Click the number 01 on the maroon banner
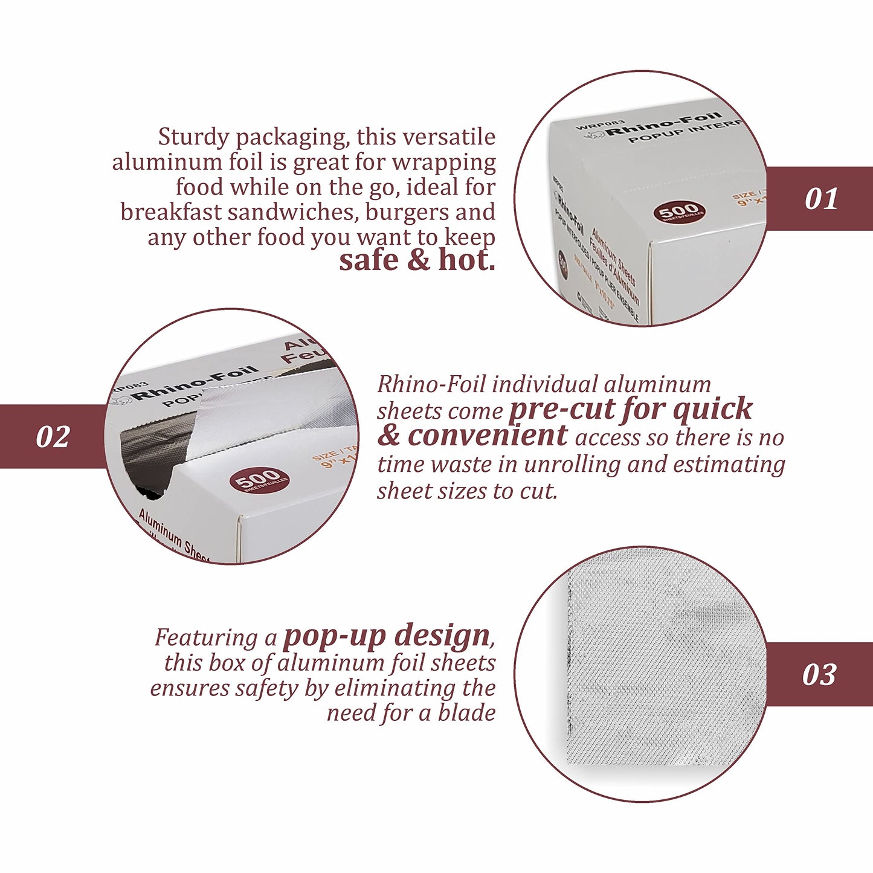(821, 199)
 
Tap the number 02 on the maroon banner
(53, 437)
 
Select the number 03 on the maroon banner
(819, 674)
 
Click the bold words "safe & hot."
(417, 260)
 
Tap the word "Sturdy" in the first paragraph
(193, 137)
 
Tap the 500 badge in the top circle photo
(679, 212)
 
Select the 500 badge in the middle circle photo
(259, 480)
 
